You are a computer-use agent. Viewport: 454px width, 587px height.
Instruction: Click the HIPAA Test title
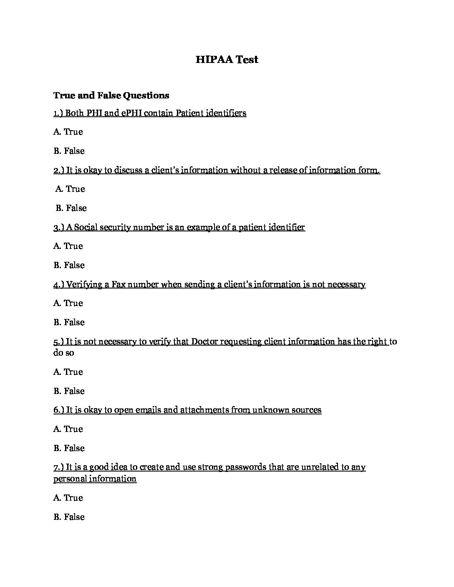click(x=227, y=60)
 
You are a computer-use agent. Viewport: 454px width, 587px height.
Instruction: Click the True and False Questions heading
click(x=111, y=95)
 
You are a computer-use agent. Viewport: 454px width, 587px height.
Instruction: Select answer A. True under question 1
click(x=68, y=132)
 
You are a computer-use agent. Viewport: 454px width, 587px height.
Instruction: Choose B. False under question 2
click(x=71, y=208)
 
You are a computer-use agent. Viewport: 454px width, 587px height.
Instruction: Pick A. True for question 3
click(x=68, y=246)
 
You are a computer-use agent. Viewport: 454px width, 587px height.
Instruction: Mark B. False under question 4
click(x=69, y=322)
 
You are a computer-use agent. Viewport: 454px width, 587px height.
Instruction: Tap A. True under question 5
click(x=68, y=372)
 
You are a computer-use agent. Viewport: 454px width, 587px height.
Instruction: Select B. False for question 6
click(x=69, y=448)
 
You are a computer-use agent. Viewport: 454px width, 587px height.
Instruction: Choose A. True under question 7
click(x=68, y=498)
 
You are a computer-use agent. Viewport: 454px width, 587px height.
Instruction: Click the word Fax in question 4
click(x=119, y=284)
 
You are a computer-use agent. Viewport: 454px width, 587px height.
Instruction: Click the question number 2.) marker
click(x=58, y=170)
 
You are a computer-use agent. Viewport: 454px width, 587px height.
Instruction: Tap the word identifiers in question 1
click(x=225, y=113)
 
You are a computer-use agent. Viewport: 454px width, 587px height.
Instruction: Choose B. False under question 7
click(x=69, y=517)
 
